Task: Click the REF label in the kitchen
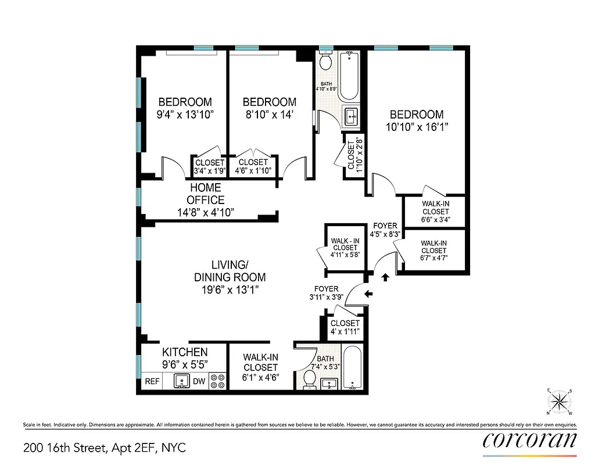tap(152, 382)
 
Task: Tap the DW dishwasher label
tap(199, 382)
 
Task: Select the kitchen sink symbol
tap(181, 381)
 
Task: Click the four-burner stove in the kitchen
tap(217, 381)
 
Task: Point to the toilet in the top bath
tap(326, 60)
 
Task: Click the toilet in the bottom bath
tap(310, 380)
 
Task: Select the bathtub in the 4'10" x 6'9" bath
tap(349, 76)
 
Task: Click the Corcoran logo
tap(530, 439)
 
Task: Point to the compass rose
tap(560, 400)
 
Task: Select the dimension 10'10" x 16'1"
tap(417, 126)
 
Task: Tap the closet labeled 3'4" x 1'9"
tap(210, 166)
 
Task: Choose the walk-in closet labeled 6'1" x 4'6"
tap(260, 367)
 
